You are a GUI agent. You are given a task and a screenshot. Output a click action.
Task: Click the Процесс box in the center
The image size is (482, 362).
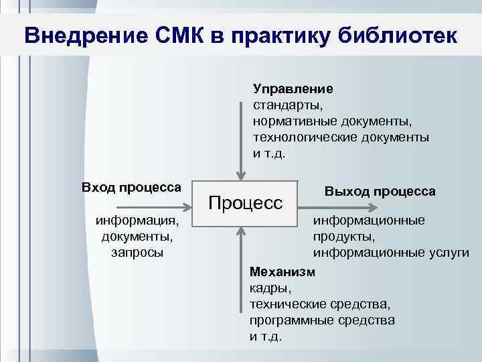pos(246,201)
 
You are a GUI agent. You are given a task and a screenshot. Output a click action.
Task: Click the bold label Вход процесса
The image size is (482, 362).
pos(131,186)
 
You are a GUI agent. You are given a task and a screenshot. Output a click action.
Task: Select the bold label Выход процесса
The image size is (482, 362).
pos(380,191)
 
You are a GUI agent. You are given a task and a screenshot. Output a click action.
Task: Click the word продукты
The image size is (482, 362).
pos(342,237)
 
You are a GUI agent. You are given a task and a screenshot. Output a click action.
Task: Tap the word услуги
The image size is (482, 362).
pos(447,253)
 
